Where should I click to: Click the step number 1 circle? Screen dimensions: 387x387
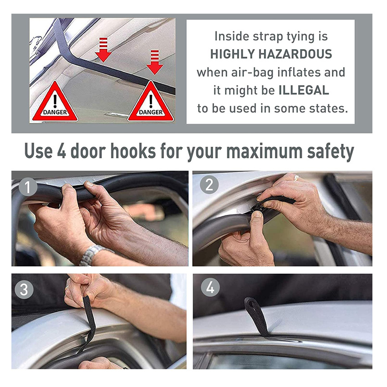point(28,187)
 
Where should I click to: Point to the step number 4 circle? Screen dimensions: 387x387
point(210,287)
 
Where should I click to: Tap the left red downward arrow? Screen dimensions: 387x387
point(103,50)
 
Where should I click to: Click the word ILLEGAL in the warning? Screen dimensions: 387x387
point(304,90)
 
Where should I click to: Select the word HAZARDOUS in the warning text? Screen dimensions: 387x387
point(295,54)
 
